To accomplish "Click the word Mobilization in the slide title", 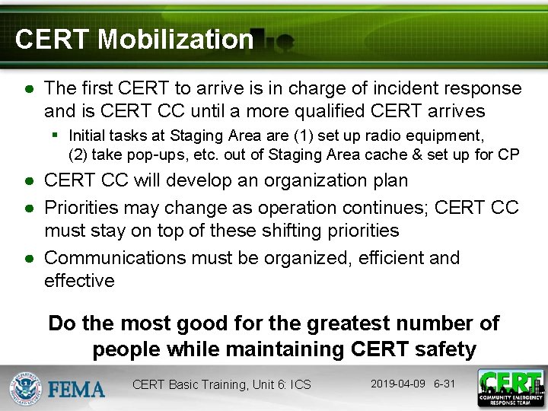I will click(175, 39).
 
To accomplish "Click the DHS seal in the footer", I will click(24, 387).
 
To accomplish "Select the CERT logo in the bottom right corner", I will click(510, 387).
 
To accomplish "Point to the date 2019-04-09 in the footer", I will click(397, 383).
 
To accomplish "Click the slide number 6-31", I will click(444, 383).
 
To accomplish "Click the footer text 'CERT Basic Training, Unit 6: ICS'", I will click(221, 384).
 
